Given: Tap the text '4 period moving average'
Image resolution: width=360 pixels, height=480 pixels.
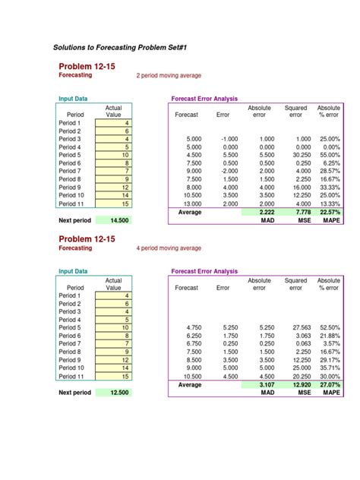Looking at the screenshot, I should tap(168, 248).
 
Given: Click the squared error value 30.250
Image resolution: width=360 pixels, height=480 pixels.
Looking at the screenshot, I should tap(296, 155).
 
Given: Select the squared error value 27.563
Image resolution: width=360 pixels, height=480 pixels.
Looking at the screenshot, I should tap(296, 327).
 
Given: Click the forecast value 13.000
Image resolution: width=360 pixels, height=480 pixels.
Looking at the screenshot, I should tap(191, 204).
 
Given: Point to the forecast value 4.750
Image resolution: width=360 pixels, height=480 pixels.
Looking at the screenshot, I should tap(191, 327).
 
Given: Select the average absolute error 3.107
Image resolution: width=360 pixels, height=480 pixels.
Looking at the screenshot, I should tap(266, 385).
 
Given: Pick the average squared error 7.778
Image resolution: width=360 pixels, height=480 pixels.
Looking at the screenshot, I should tap(298, 213).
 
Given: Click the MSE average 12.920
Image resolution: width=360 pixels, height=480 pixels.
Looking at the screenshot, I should tap(296, 385).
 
